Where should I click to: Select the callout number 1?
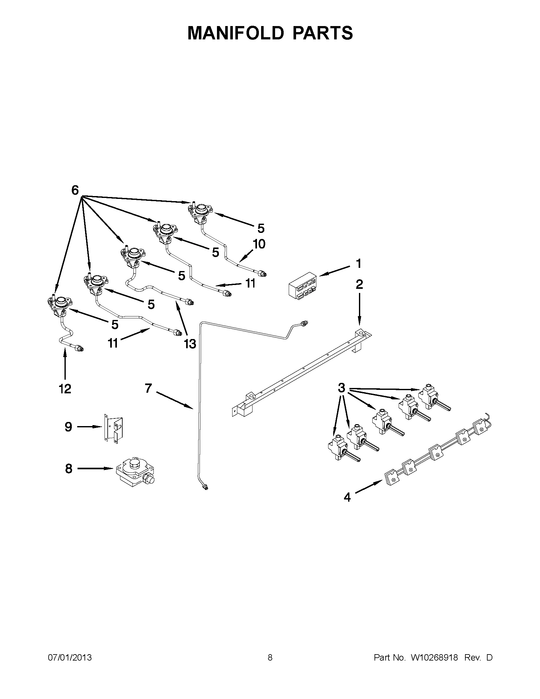(x=359, y=264)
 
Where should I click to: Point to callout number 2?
(x=359, y=284)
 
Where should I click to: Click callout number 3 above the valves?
(x=342, y=388)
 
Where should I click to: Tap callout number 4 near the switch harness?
(x=347, y=497)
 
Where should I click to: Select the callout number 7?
(x=148, y=388)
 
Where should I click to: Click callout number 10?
(x=259, y=244)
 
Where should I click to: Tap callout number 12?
(x=65, y=389)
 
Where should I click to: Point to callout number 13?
(x=190, y=344)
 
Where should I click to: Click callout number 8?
(x=69, y=469)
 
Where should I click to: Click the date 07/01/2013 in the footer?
(x=70, y=657)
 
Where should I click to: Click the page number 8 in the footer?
(x=270, y=657)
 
